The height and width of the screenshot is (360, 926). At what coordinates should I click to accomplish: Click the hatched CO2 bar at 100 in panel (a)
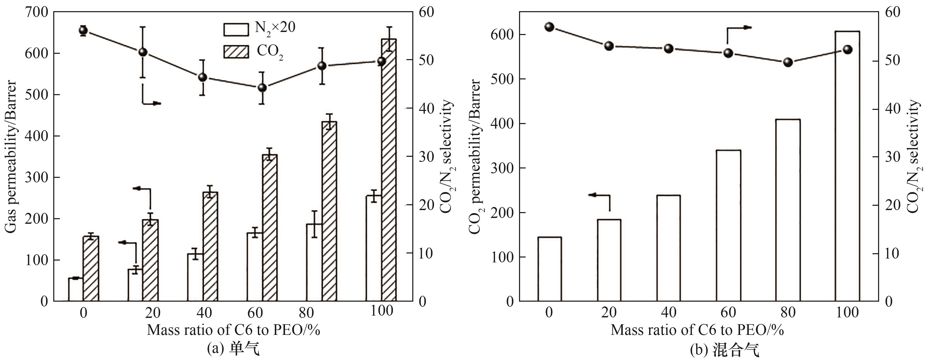pyautogui.click(x=389, y=169)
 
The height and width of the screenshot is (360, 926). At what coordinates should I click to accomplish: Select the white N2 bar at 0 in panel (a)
pyautogui.click(x=76, y=289)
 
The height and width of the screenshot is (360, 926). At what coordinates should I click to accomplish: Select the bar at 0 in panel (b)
pyautogui.click(x=550, y=269)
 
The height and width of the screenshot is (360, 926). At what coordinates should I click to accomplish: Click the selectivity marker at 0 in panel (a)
pyautogui.click(x=83, y=30)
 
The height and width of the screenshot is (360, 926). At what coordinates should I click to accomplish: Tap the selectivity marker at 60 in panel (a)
pyautogui.click(x=262, y=88)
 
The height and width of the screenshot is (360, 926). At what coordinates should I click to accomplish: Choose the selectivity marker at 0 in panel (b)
pyautogui.click(x=549, y=27)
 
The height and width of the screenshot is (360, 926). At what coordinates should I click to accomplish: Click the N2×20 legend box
pyautogui.click(x=236, y=29)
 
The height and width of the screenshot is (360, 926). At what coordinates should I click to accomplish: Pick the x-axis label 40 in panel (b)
pyautogui.click(x=668, y=312)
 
